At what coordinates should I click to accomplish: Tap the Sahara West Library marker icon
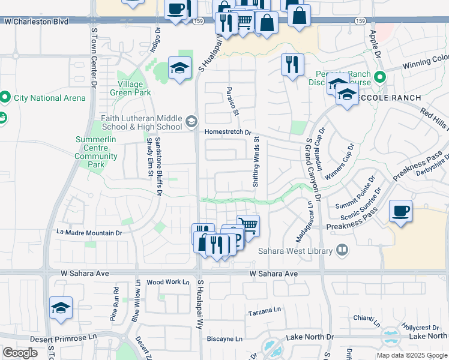click(x=342, y=249)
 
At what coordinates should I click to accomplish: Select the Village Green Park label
click(x=130, y=88)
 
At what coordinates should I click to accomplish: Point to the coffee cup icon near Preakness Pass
click(x=400, y=211)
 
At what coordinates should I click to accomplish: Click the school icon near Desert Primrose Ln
click(x=61, y=308)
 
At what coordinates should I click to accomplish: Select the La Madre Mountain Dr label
click(x=89, y=232)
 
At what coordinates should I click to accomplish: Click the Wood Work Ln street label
click(x=167, y=281)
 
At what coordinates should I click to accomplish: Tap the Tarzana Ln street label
click(x=265, y=313)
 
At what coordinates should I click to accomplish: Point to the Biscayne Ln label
click(x=224, y=338)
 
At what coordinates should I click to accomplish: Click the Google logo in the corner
click(x=20, y=353)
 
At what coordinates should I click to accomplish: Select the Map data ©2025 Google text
click(x=411, y=355)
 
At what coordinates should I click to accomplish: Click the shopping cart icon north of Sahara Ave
click(x=248, y=225)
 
